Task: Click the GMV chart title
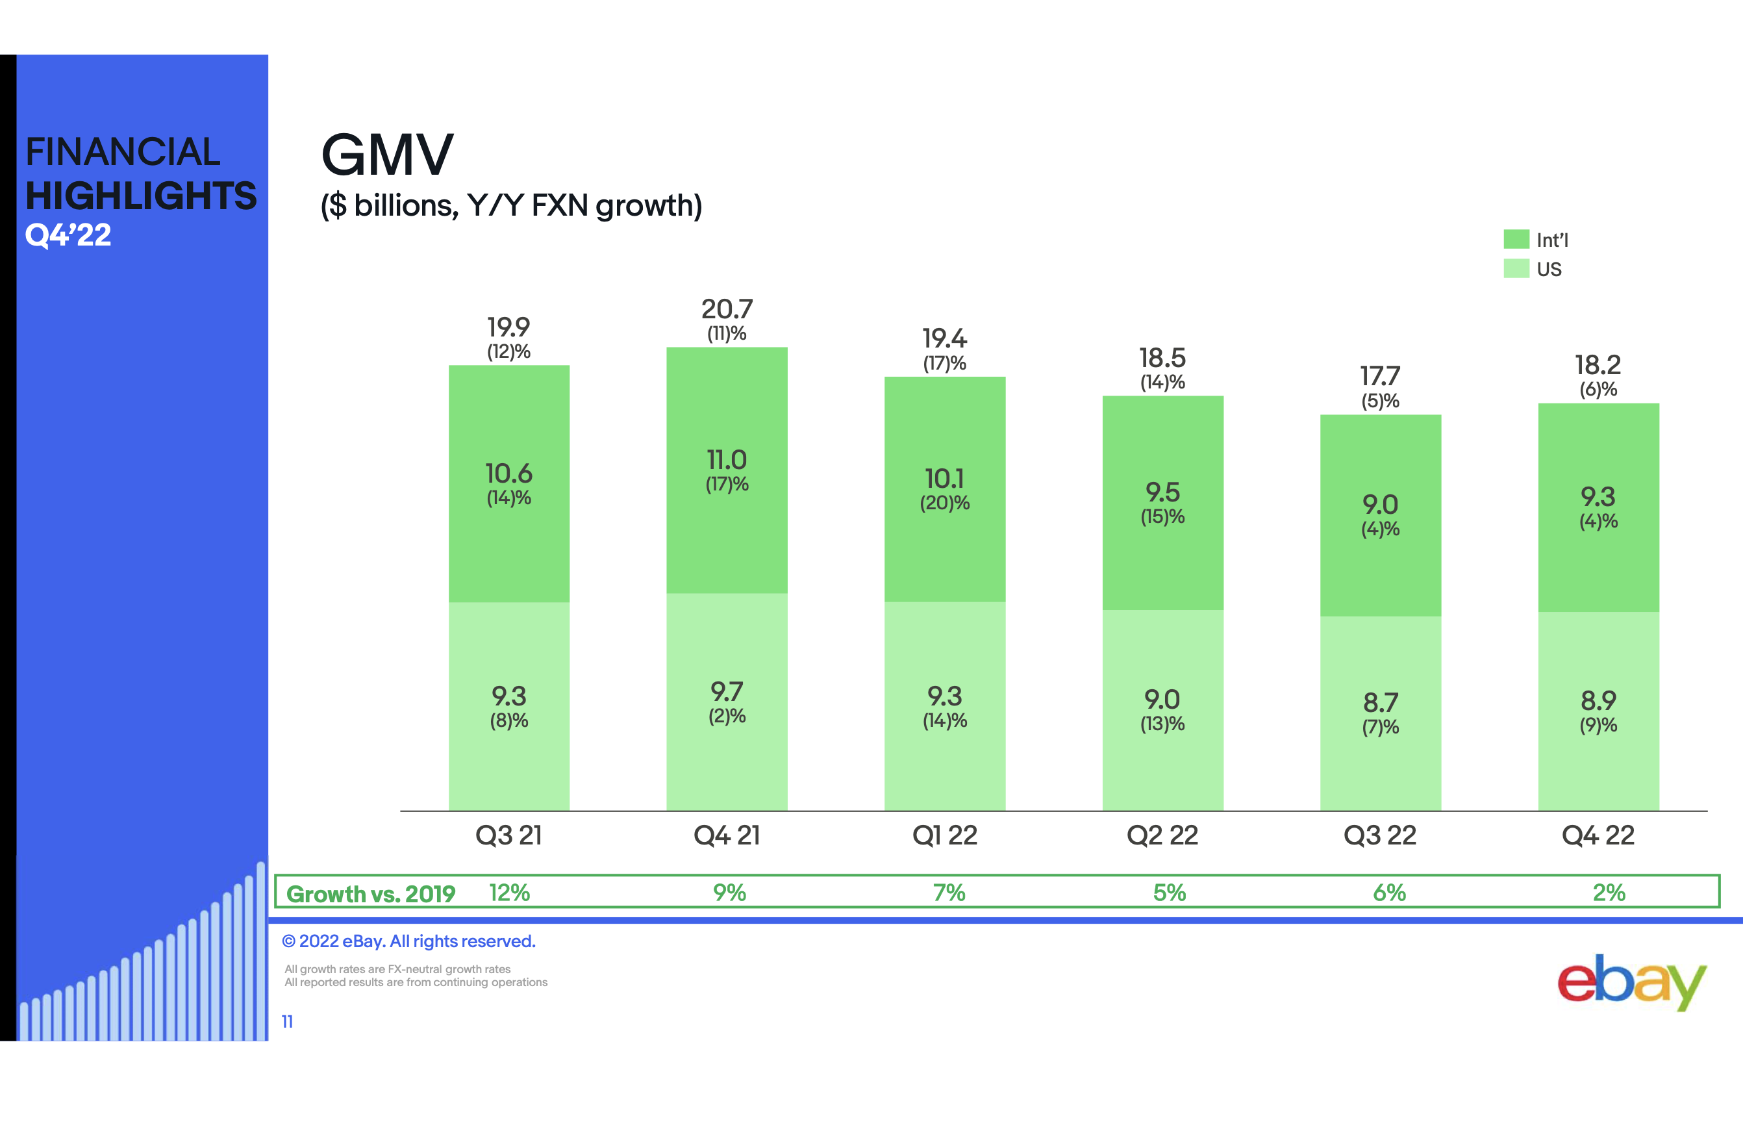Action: tap(388, 155)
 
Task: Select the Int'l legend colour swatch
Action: tap(1515, 240)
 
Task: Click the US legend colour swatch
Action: tap(1515, 269)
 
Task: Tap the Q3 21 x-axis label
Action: tap(508, 835)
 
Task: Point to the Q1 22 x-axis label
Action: tap(944, 835)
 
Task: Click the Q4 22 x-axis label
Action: tap(1598, 835)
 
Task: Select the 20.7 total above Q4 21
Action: tap(727, 309)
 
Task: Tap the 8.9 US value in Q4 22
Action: tap(1598, 701)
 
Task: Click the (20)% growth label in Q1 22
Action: tap(944, 503)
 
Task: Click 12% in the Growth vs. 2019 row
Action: tap(509, 892)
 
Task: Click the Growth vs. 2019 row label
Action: tap(371, 894)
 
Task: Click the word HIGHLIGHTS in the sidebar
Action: tap(141, 196)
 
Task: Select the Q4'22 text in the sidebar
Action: tap(68, 235)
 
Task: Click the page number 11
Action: tap(287, 1021)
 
